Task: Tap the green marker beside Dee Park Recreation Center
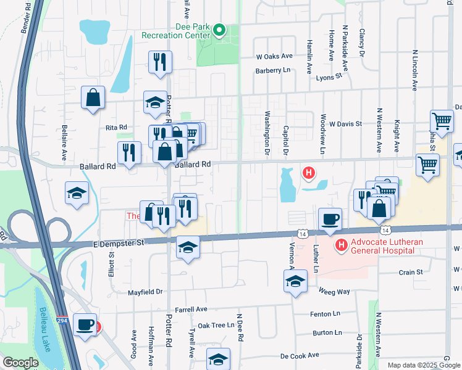click(219, 30)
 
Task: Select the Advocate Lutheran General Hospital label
click(387, 247)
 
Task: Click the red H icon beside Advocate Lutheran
click(340, 246)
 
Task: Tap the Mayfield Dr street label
click(145, 292)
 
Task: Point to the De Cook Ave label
click(300, 356)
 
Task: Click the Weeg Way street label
click(334, 291)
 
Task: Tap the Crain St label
click(410, 272)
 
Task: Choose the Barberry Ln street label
click(273, 70)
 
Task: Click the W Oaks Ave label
click(274, 55)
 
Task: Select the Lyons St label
click(329, 77)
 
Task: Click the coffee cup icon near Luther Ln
click(329, 219)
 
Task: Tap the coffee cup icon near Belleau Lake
click(84, 324)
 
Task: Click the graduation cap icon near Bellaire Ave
click(77, 193)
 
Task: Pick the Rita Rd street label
click(116, 127)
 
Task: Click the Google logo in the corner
click(20, 362)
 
